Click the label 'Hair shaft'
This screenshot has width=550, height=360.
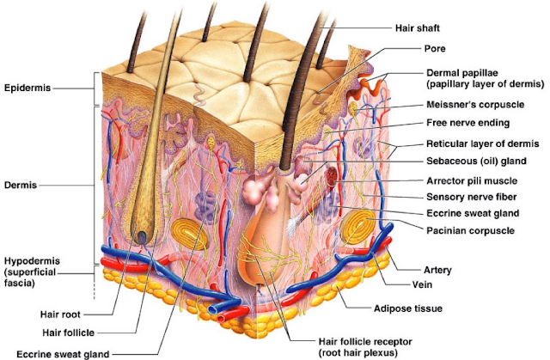click(418, 28)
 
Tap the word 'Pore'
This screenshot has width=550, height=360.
click(435, 48)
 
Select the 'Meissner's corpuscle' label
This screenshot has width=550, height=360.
click(475, 105)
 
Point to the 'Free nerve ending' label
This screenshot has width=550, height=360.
click(467, 123)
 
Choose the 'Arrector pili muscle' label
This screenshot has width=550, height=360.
click(472, 181)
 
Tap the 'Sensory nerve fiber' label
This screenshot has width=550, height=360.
click(472, 197)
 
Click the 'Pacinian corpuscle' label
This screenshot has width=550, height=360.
click(470, 230)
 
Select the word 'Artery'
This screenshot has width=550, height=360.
click(437, 271)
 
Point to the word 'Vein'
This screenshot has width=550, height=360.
click(422, 284)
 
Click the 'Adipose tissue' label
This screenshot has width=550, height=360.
click(408, 308)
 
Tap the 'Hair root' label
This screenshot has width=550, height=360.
click(60, 314)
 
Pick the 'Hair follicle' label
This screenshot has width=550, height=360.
click(69, 333)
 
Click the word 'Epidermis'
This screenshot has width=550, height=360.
click(27, 88)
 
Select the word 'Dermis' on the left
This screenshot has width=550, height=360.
click(21, 185)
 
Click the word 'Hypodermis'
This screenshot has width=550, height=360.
click(32, 261)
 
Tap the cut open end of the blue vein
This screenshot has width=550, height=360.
click(214, 310)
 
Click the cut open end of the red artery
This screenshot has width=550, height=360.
click(222, 318)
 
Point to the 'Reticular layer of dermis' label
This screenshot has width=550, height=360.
click(483, 143)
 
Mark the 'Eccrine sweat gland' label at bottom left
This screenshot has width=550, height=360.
click(63, 354)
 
